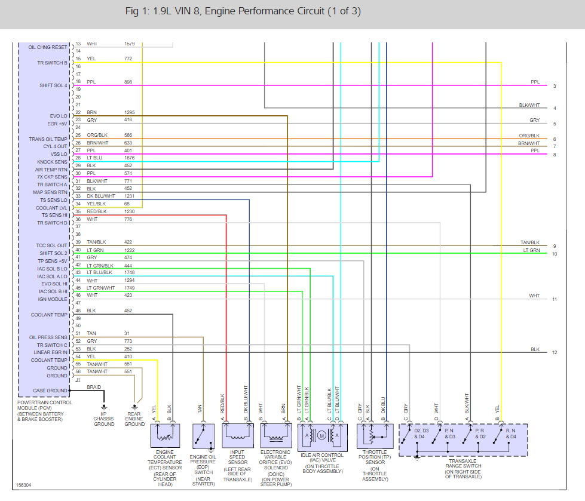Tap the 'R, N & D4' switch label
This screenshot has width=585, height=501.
coord(509,434)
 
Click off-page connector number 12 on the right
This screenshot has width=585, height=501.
coord(555,352)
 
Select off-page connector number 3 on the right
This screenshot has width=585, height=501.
coord(555,86)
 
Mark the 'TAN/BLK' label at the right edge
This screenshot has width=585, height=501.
coord(530,242)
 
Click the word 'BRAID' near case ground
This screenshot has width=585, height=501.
coord(94,387)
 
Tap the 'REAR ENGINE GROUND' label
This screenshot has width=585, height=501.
coord(134,418)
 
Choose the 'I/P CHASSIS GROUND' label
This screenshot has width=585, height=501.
coord(104,418)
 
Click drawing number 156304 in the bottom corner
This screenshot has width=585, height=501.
coord(24,485)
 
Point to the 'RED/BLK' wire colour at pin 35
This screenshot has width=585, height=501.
coord(97,211)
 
